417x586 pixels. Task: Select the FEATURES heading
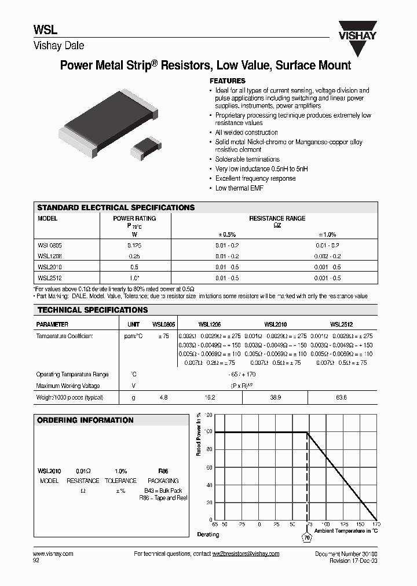[x=227, y=81]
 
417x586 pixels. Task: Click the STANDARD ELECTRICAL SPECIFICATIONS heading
[x=116, y=207]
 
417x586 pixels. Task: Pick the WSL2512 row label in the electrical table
[x=50, y=279]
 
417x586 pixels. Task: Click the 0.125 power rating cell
[x=134, y=246]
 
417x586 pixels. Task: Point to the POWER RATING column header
[x=134, y=218]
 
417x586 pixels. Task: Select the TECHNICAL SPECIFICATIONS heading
[x=93, y=310]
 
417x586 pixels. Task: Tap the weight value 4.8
[x=163, y=398]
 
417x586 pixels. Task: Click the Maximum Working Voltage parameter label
[x=68, y=386]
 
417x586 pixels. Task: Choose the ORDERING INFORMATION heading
[x=85, y=420]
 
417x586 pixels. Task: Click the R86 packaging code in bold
[x=163, y=471]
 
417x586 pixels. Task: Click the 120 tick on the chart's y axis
[x=209, y=415]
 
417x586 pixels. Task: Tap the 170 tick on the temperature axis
[x=376, y=524]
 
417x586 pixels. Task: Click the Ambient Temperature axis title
[x=346, y=530]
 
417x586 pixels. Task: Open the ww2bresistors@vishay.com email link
[x=246, y=554]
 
